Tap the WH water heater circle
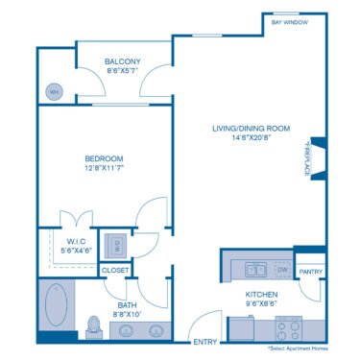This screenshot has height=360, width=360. pyautogui.click(x=54, y=92)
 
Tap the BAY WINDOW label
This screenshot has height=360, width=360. pyautogui.click(x=289, y=21)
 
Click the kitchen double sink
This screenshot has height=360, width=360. pyautogui.click(x=255, y=270)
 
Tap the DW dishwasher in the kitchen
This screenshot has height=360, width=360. pyautogui.click(x=282, y=270)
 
